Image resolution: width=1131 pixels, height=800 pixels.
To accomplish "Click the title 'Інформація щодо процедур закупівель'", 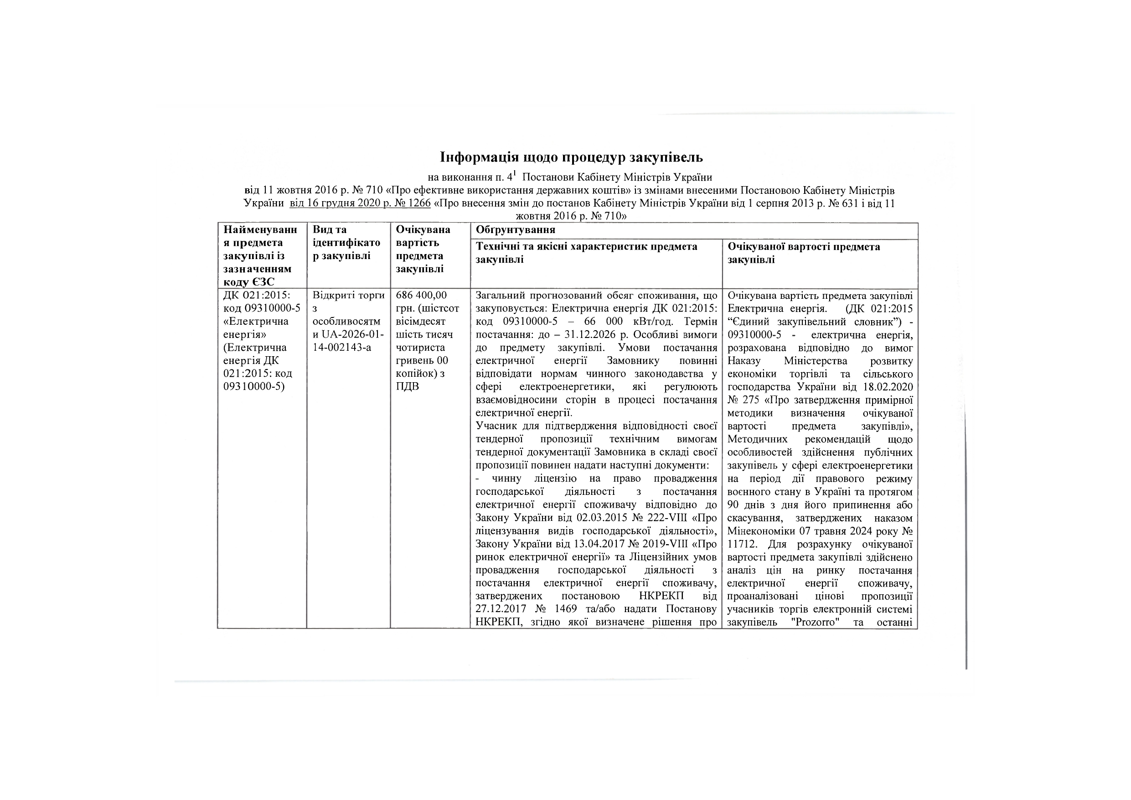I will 571,157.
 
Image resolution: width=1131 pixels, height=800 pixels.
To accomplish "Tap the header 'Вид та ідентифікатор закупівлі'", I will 346,243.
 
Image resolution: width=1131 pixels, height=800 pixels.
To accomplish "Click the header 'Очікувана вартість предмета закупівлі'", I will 423,249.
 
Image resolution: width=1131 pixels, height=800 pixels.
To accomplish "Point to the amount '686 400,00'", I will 421,295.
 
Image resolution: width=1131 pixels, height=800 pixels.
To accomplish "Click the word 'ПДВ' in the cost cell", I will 408,386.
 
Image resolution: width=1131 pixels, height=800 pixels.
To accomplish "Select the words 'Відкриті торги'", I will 348,295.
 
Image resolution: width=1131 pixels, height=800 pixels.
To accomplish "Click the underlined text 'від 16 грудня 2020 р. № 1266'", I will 360,203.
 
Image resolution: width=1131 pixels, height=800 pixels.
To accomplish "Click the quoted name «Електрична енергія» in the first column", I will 255,328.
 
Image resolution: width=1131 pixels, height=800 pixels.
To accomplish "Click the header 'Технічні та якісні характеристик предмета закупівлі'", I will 586,252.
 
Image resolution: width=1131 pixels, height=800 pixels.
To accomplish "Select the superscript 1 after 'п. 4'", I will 514,173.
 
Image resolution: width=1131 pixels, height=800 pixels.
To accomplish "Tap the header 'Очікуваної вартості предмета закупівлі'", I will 803,252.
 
